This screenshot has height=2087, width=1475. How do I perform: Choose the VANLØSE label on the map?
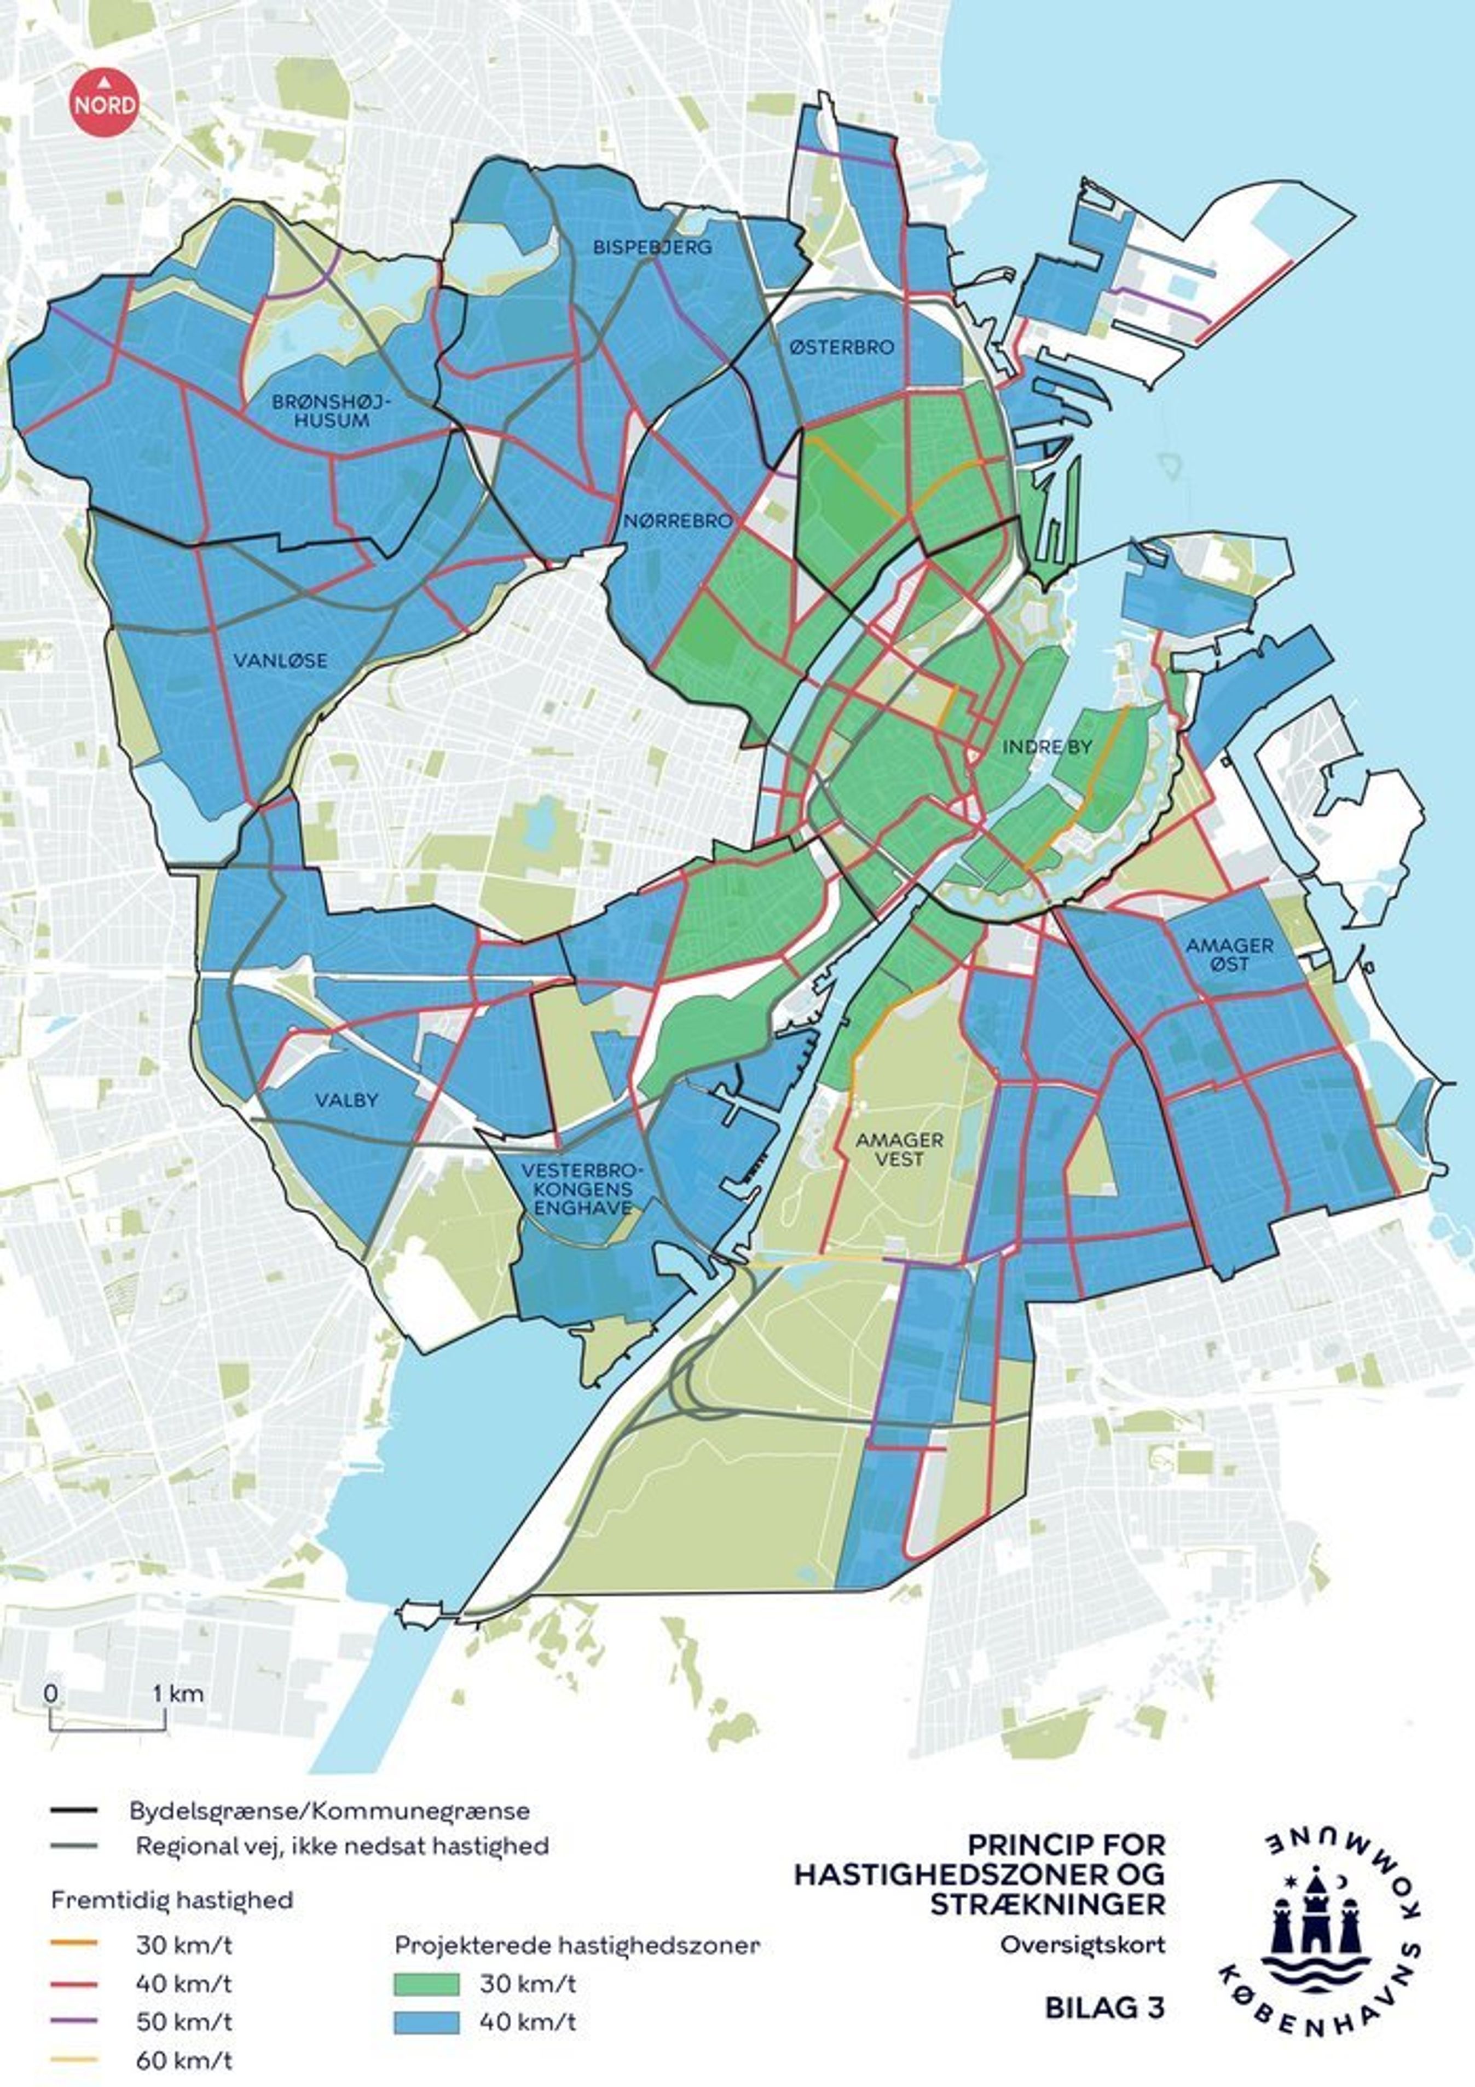point(280,661)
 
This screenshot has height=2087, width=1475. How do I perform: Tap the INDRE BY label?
point(1046,747)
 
